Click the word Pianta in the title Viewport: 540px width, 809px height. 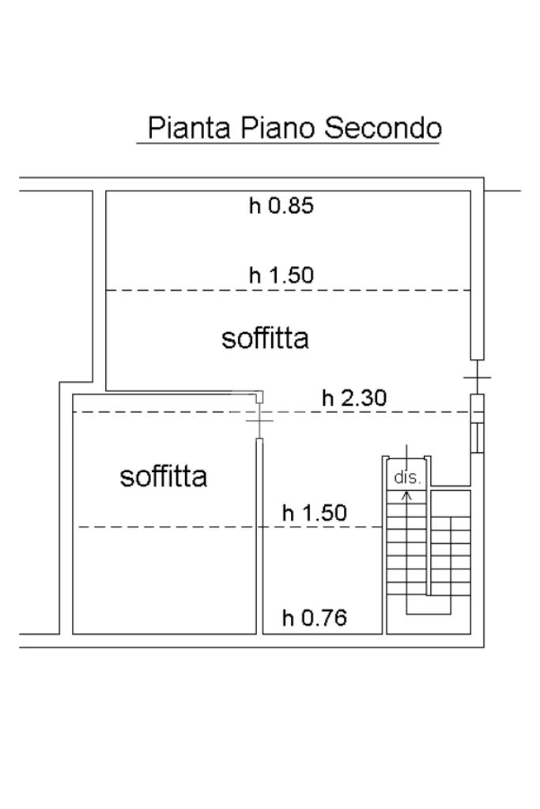[x=189, y=127]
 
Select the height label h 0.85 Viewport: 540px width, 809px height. [x=281, y=206]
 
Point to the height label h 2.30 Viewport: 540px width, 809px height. [x=354, y=399]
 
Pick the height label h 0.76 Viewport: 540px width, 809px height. [x=315, y=618]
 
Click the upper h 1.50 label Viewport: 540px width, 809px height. [x=281, y=275]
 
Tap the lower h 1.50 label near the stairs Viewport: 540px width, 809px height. [x=315, y=513]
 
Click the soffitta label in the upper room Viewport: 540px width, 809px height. [x=265, y=338]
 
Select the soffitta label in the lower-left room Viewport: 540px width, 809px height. [x=164, y=476]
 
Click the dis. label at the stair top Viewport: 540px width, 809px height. [x=407, y=477]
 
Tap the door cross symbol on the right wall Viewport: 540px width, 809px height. [x=477, y=377]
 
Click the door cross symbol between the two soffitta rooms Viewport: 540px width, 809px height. [x=259, y=421]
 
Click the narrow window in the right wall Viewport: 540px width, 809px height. [x=478, y=437]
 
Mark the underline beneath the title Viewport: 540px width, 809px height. [x=288, y=142]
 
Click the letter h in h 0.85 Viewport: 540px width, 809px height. [x=255, y=206]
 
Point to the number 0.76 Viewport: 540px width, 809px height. [x=323, y=618]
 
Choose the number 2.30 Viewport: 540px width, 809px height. [x=363, y=399]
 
